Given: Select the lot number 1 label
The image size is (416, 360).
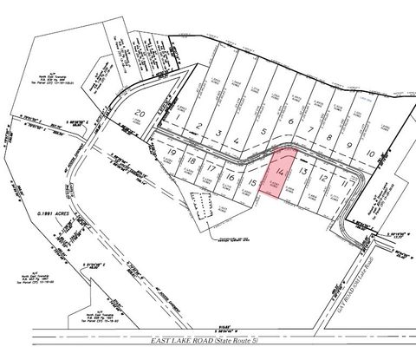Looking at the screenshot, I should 177,115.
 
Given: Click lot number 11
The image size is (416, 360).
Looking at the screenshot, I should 346,184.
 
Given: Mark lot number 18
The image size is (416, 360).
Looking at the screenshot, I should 190,161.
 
